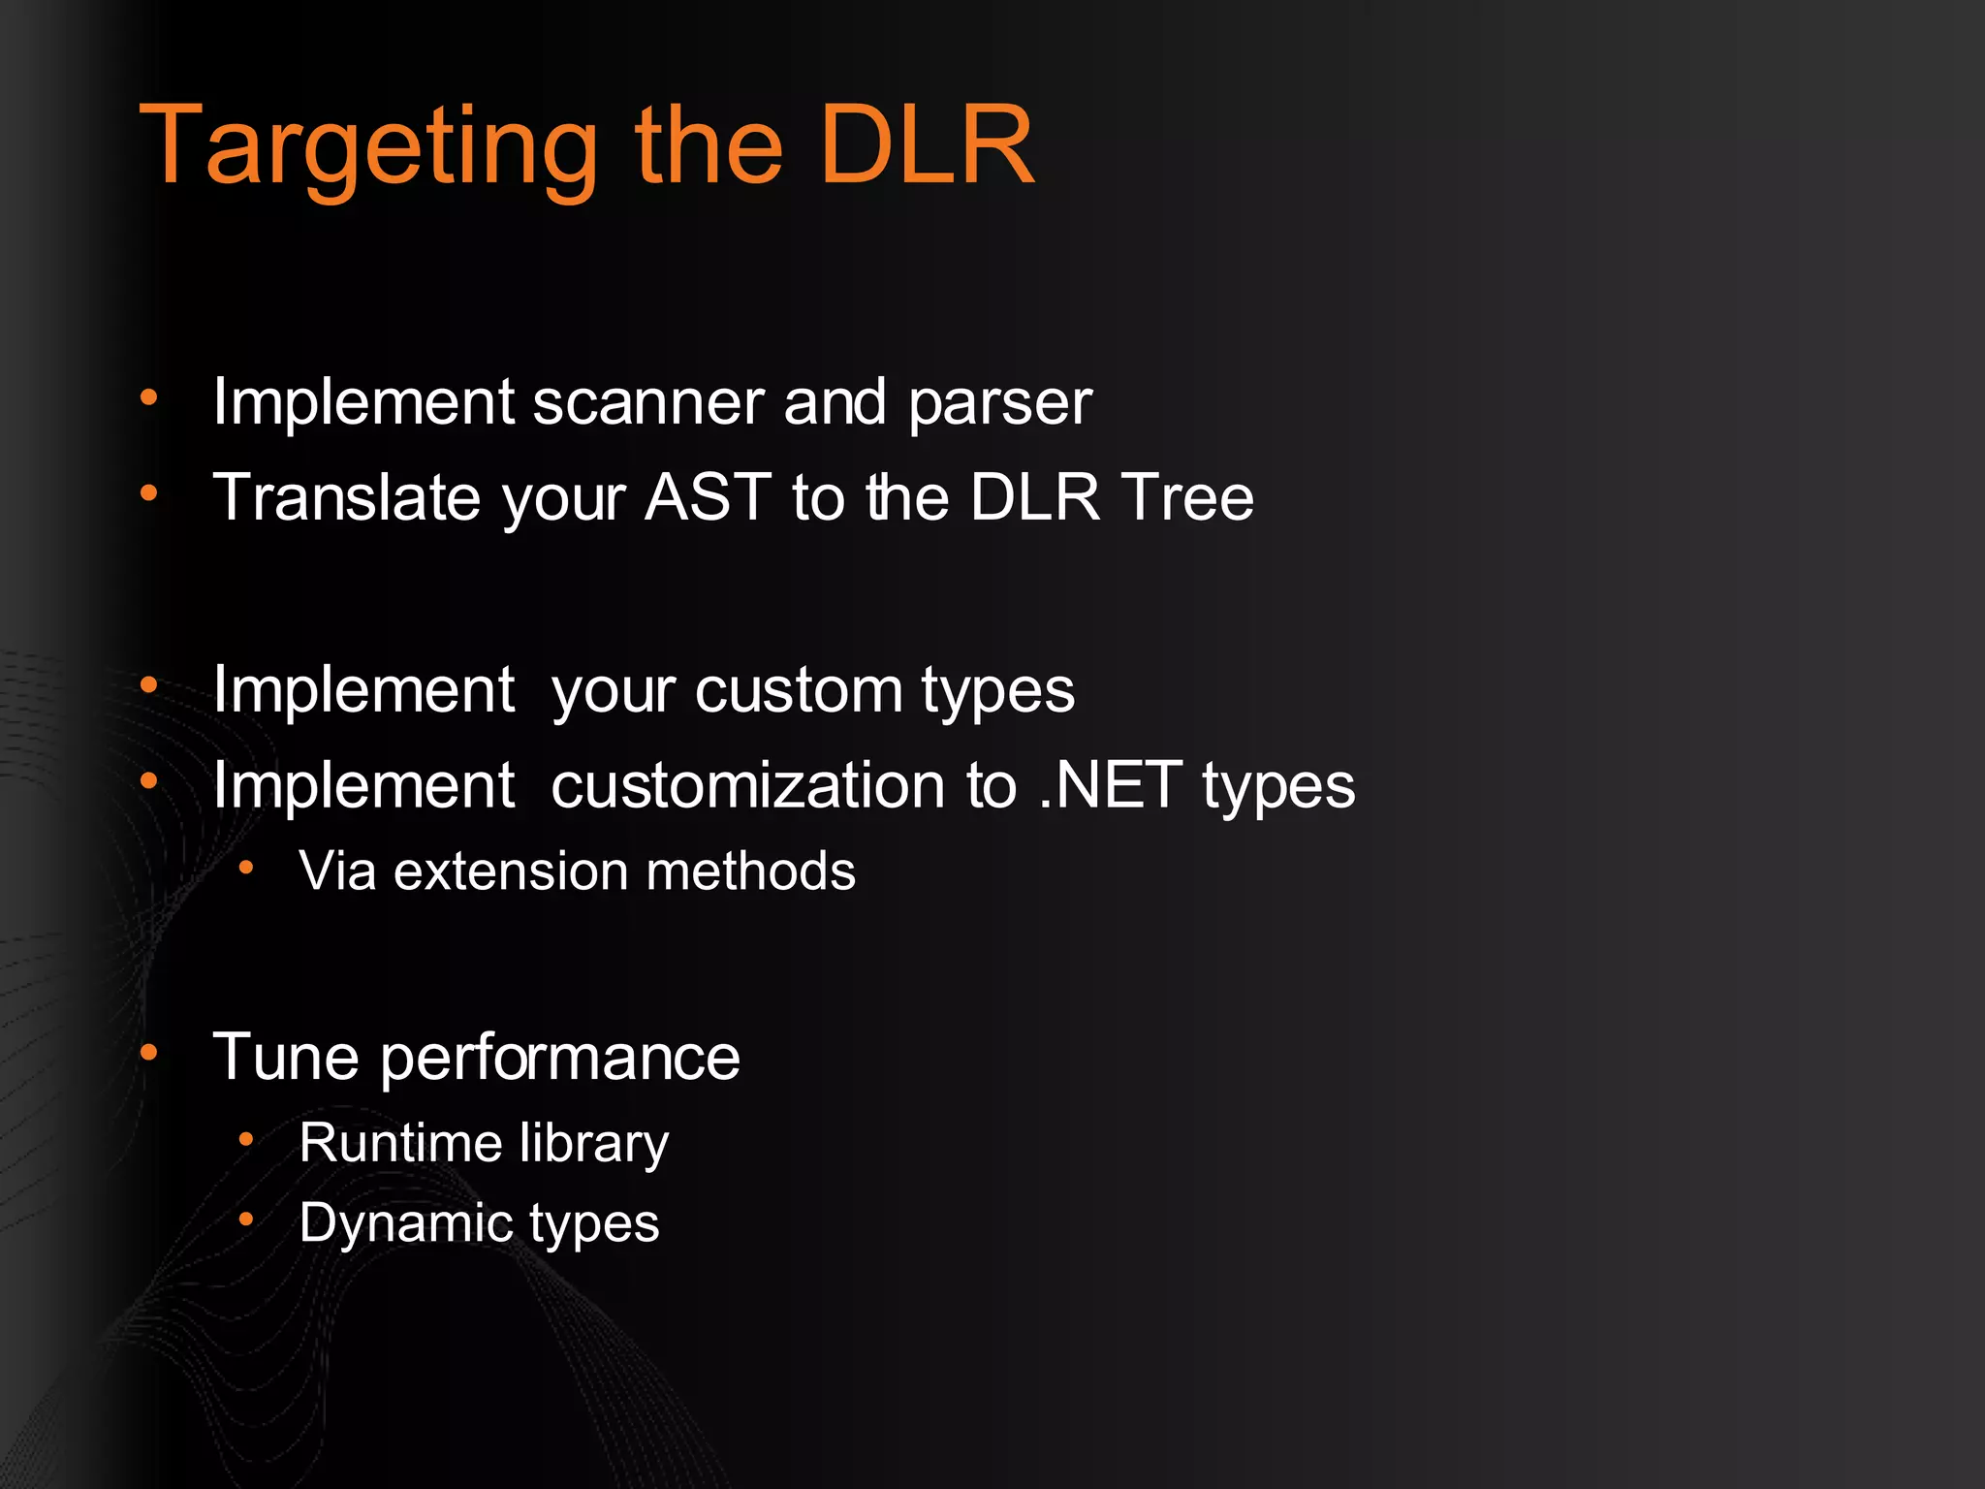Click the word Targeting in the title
[x=368, y=147]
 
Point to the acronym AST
[x=708, y=497]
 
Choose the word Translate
[x=347, y=497]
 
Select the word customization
[x=747, y=785]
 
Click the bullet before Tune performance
[x=148, y=1052]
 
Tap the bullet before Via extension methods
[x=246, y=867]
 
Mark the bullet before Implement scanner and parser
[x=148, y=396]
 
